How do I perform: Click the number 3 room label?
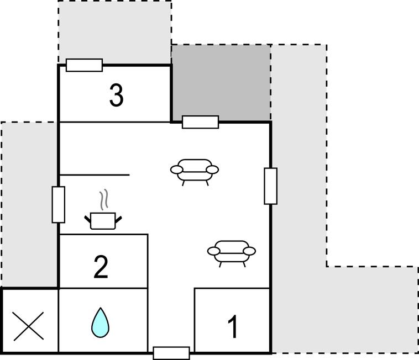point(117,96)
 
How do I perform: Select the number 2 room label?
point(101,267)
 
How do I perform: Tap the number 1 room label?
point(233,326)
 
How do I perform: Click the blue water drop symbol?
point(100,322)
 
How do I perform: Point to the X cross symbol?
point(29,326)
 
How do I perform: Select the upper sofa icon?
point(195,172)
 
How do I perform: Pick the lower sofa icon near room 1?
point(232,253)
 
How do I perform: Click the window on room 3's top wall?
point(84,65)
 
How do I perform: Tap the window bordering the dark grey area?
point(201,122)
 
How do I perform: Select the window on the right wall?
point(271,186)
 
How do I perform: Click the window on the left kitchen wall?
point(58,204)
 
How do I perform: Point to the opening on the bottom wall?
point(171,353)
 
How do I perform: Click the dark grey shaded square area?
point(221,83)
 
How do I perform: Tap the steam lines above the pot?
point(104,199)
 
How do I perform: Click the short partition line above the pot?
point(95,175)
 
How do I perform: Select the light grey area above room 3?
point(115,32)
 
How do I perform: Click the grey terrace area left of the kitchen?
point(29,204)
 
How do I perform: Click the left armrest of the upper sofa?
point(177,170)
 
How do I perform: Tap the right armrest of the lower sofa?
point(250,251)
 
